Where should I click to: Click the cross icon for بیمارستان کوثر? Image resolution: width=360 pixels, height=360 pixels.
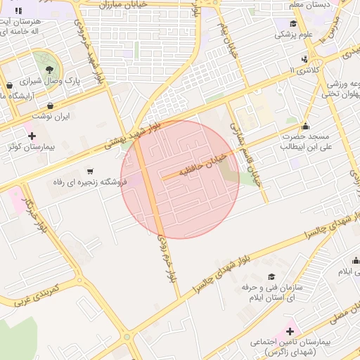click(x=31, y=134)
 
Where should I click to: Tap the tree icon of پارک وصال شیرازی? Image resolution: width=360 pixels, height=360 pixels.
click(x=50, y=70)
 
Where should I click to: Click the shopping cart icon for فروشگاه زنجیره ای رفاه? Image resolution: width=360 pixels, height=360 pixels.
click(x=90, y=171)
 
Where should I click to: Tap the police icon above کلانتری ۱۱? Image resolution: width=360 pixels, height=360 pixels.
click(x=304, y=59)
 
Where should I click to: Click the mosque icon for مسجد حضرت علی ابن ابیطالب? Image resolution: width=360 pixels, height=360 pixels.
click(x=304, y=124)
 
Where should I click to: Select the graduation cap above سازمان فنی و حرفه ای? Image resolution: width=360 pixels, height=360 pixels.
click(x=272, y=277)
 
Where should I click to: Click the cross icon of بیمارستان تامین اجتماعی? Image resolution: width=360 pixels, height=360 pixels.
click(x=290, y=330)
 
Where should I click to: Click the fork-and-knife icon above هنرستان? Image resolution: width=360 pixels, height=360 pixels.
click(x=18, y=11)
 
